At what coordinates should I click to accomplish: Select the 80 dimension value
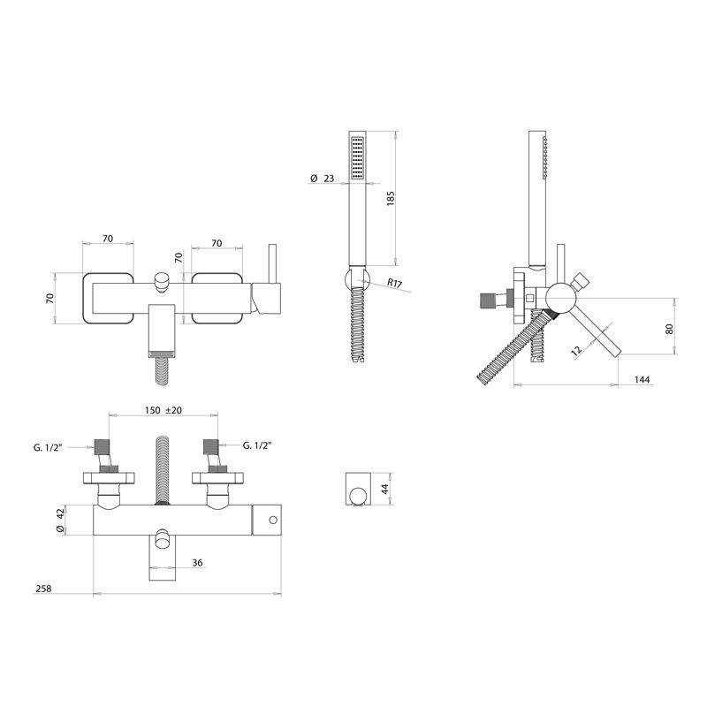tap(669, 328)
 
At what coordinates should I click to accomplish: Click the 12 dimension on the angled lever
tap(576, 351)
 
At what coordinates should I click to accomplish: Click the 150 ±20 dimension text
tap(163, 411)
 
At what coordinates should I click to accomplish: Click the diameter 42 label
tap(59, 520)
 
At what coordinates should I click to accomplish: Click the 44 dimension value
tap(384, 489)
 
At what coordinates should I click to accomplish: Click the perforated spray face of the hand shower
tap(357, 159)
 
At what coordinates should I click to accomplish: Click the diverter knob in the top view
tap(162, 281)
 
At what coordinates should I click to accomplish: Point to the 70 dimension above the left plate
tap(108, 239)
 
